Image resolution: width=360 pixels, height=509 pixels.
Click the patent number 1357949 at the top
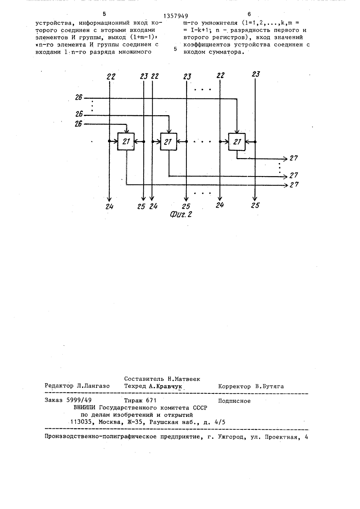click(x=176, y=16)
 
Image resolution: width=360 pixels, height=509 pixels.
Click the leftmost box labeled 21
click(x=126, y=141)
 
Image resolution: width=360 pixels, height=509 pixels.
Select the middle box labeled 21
click(x=168, y=141)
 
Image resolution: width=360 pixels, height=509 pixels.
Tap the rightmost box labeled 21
click(x=237, y=142)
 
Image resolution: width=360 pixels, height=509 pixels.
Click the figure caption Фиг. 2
click(x=181, y=214)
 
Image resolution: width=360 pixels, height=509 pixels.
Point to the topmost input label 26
click(x=78, y=97)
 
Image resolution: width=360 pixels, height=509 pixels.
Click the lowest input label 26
click(x=78, y=124)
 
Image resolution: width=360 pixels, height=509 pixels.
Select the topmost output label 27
click(x=294, y=158)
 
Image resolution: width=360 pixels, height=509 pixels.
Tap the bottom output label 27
click(x=294, y=185)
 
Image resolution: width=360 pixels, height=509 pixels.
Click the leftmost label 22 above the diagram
click(x=111, y=77)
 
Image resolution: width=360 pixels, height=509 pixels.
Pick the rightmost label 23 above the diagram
click(x=256, y=74)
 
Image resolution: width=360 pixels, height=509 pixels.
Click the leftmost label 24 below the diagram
click(x=109, y=206)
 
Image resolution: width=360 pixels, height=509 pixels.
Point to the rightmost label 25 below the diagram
click(x=255, y=206)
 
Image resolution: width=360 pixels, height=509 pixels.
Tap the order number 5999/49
click(x=79, y=400)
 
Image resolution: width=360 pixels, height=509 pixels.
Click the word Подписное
click(x=234, y=401)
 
